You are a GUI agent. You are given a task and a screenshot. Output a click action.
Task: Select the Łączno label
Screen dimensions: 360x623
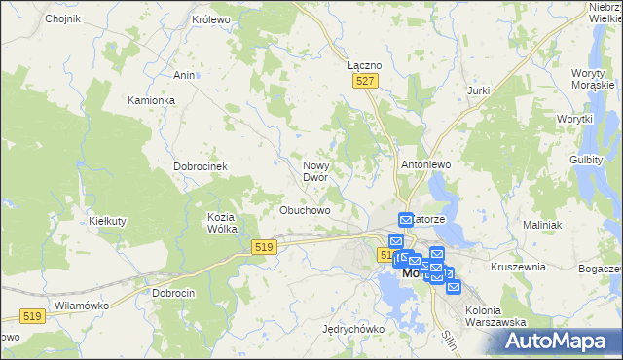point(365,64)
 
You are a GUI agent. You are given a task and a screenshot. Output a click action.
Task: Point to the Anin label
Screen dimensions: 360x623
point(183,74)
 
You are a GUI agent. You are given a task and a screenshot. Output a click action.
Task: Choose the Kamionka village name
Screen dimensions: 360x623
point(151,100)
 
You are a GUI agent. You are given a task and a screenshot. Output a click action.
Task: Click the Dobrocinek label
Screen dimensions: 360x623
point(201,166)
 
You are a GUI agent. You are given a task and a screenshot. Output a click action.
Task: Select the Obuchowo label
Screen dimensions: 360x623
point(306,209)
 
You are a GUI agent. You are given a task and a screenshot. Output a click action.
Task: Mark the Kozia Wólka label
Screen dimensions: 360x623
point(223,223)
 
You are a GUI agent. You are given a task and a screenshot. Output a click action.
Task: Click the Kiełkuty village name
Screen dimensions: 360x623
point(107,221)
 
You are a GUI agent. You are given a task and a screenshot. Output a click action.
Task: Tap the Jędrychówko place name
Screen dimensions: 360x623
point(353,329)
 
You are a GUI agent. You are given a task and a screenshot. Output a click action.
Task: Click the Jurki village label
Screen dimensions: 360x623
point(478,90)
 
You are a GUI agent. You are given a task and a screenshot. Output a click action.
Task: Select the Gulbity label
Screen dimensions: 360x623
point(587,159)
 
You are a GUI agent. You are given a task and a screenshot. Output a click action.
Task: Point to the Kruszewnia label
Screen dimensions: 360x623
point(519,266)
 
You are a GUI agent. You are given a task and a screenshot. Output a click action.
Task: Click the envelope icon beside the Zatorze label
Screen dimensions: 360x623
point(406,221)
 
